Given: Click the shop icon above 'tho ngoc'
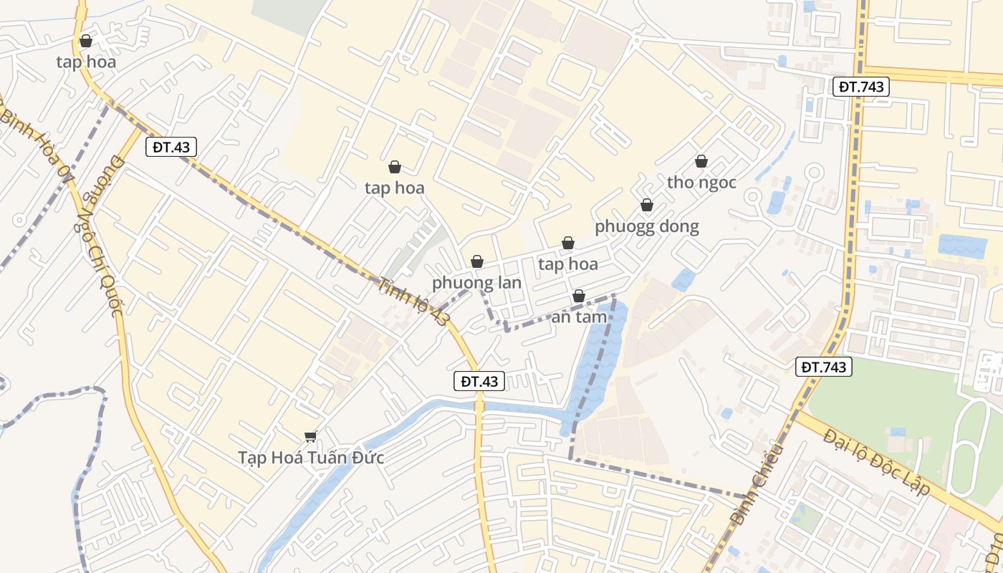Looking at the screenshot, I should [x=701, y=162].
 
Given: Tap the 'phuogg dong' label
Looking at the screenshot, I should [x=646, y=226].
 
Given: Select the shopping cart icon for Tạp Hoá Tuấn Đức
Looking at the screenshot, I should [x=310, y=436].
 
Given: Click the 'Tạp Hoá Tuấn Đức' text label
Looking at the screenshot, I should [x=311, y=458].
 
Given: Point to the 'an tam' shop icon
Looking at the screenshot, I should [x=579, y=296].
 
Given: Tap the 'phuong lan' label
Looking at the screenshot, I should [x=476, y=282].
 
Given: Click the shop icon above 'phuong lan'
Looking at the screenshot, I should [x=476, y=262].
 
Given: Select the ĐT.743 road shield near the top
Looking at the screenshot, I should [x=862, y=87].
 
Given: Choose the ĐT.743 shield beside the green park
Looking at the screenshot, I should [x=824, y=367].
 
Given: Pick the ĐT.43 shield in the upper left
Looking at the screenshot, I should [x=171, y=147].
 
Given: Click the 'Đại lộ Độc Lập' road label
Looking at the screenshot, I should [x=875, y=463].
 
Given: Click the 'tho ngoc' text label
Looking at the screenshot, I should [x=701, y=183].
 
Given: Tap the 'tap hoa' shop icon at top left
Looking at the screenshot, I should [x=86, y=41].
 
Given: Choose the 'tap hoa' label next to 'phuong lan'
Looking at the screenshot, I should [x=568, y=264].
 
